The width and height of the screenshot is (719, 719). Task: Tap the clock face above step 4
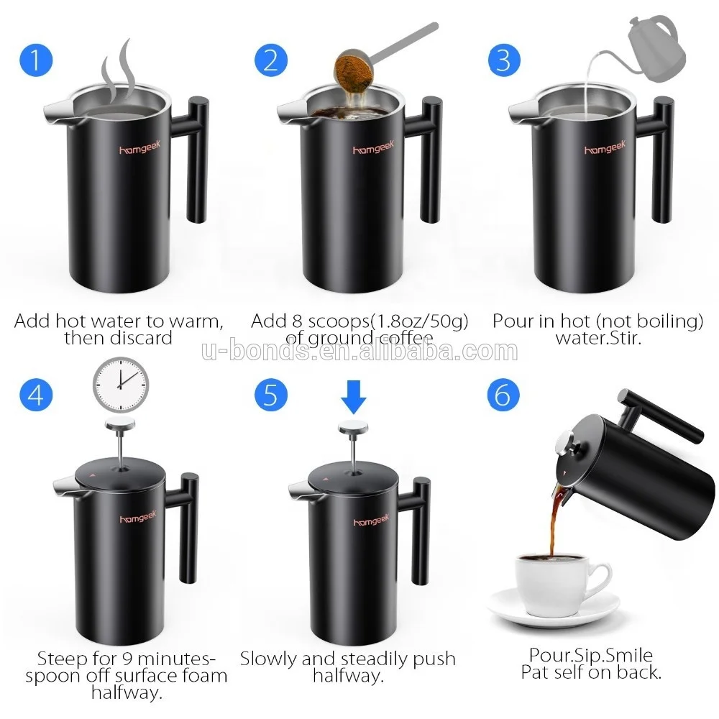coord(120,384)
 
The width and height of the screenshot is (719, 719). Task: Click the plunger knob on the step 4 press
coord(120,426)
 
